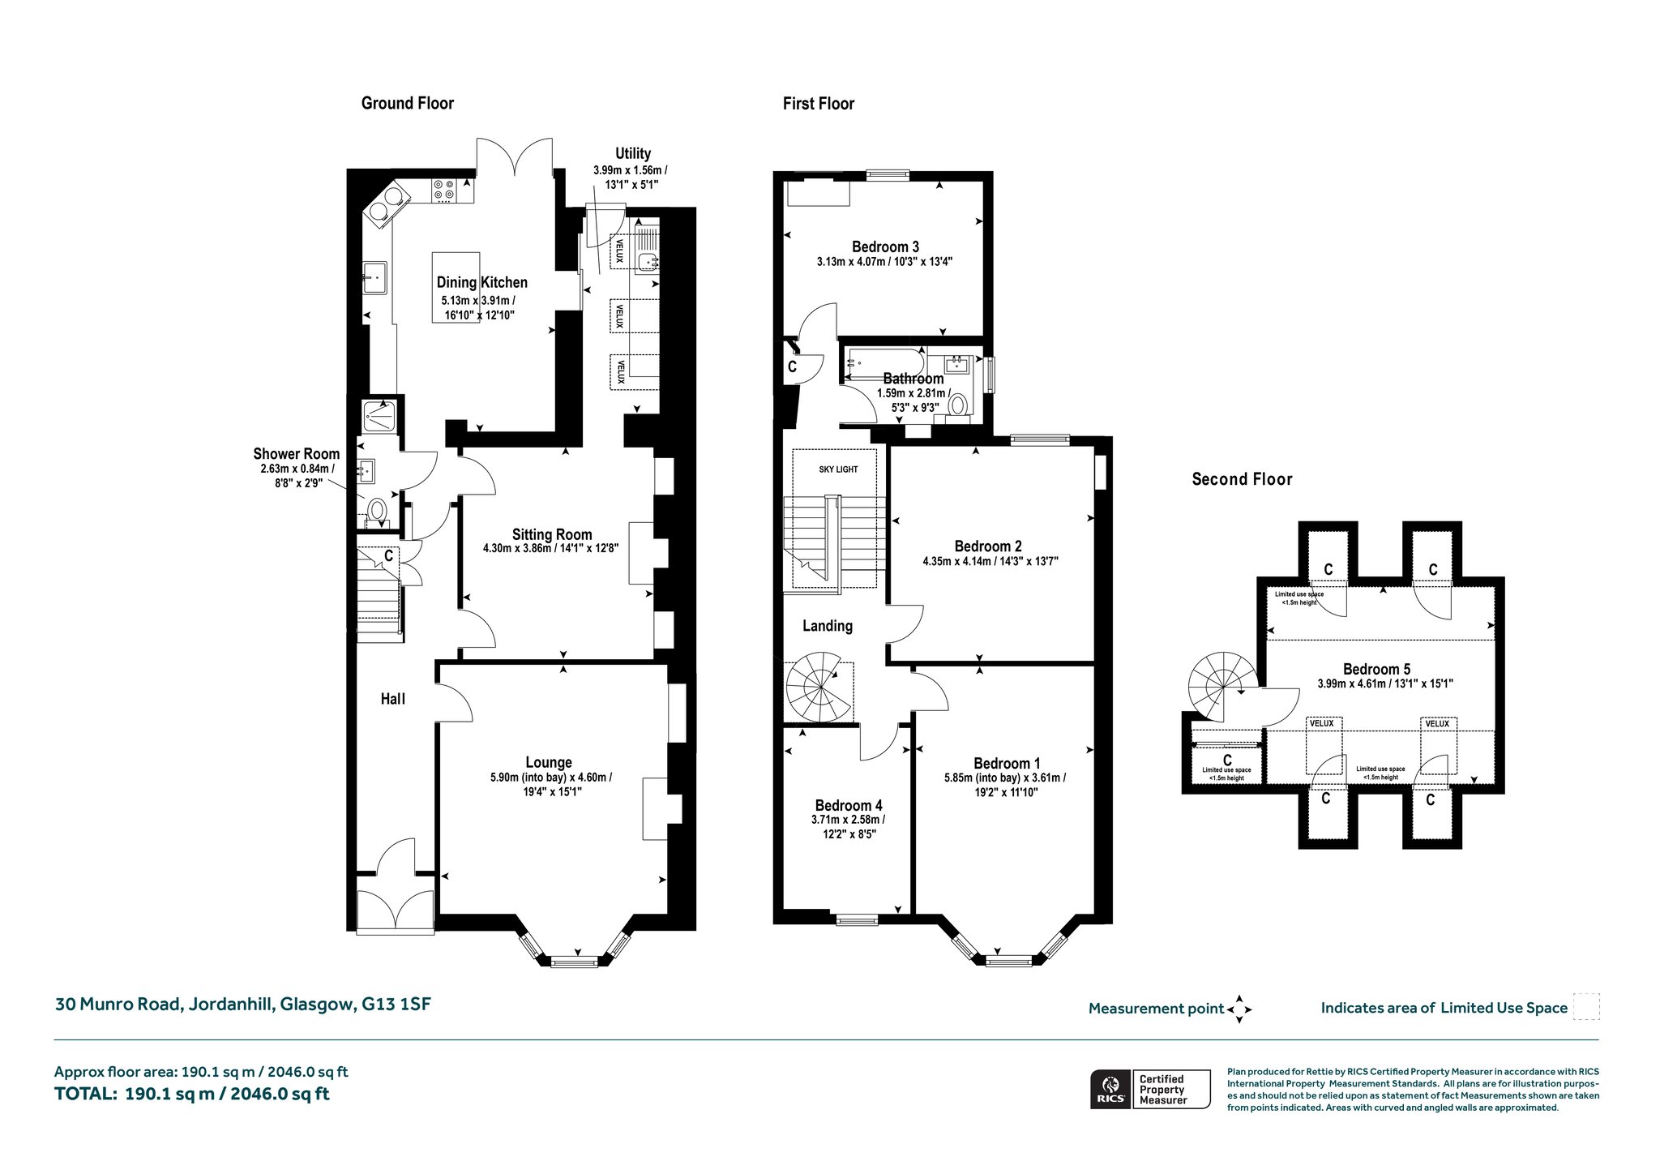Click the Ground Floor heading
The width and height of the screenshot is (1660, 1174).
point(407,103)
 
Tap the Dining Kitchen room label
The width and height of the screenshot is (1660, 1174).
point(481,282)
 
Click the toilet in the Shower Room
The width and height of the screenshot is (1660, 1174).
point(377,510)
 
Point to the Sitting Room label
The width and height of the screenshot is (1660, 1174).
point(551,534)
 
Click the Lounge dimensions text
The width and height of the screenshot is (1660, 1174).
point(551,784)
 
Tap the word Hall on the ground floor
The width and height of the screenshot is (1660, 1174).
point(393,699)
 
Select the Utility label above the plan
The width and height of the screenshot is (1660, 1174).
point(633,153)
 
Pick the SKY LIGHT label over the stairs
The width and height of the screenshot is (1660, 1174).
point(838,469)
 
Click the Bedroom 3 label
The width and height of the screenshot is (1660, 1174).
point(885,246)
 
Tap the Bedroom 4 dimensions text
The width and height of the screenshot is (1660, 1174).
point(849,826)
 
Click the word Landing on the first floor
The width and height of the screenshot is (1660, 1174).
point(828,626)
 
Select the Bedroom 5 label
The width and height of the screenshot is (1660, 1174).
point(1376,669)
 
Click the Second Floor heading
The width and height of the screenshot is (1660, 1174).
point(1242,479)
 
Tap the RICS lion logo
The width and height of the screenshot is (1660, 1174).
point(1110,1088)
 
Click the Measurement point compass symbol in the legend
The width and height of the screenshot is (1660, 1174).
point(1239,1009)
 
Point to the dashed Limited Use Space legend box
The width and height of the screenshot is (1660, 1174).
point(1585,1007)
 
